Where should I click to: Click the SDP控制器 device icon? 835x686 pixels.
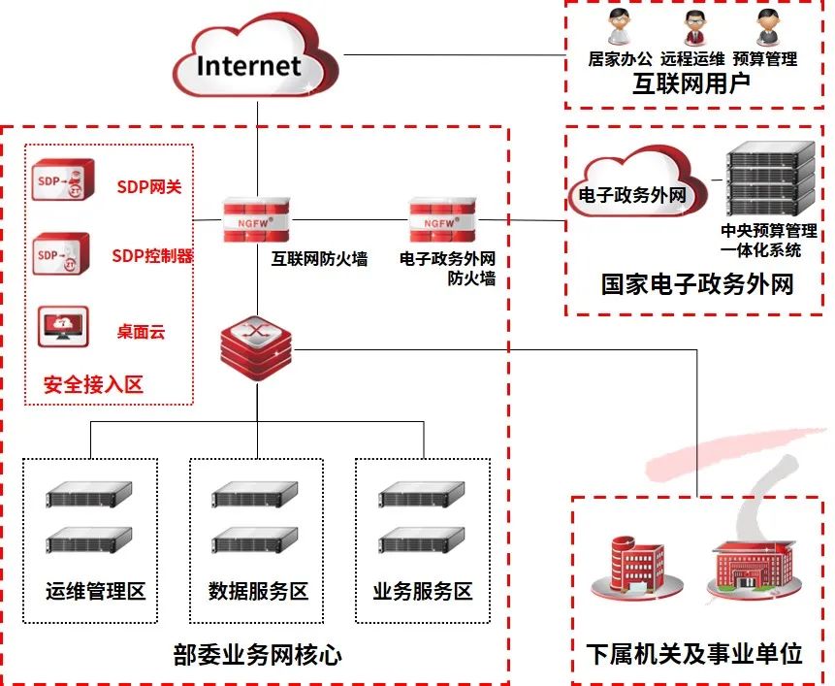(x=61, y=255)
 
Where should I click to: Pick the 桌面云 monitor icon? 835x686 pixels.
(x=63, y=327)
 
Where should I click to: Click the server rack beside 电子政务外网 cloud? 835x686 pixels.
(x=770, y=180)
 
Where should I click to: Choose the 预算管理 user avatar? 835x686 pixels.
(x=767, y=24)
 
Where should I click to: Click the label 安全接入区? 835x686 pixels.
(x=93, y=385)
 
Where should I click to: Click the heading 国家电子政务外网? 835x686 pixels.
(x=696, y=284)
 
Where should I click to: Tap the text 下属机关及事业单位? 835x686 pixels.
(x=694, y=653)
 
